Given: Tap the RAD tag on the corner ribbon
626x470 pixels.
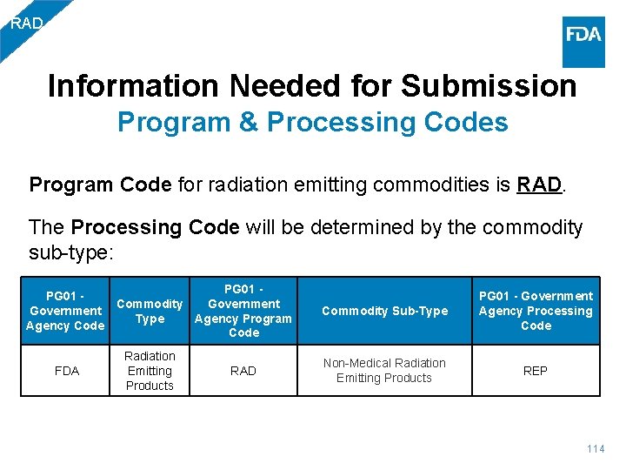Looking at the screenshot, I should click(x=26, y=23).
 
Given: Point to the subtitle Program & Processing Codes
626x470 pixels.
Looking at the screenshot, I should click(x=313, y=122).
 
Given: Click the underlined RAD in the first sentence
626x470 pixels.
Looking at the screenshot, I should click(x=539, y=185).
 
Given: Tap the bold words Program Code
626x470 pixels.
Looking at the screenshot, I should click(x=101, y=185).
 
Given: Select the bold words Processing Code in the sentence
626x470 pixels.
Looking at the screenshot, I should click(x=155, y=228).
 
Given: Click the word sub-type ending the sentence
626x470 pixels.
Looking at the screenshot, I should click(x=68, y=252).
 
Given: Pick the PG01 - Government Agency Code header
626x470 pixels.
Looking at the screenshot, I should click(x=66, y=311).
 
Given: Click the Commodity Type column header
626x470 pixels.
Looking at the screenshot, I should click(x=150, y=311).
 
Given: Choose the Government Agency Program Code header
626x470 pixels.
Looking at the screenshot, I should click(x=243, y=311).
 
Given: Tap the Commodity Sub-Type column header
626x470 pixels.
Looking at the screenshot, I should click(x=384, y=311).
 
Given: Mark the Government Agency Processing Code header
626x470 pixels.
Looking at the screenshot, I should click(x=536, y=311).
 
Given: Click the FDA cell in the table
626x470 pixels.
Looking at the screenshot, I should click(x=66, y=371).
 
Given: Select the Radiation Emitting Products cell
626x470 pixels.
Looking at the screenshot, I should click(x=150, y=371).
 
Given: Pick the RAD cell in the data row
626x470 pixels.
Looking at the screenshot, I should click(x=243, y=371).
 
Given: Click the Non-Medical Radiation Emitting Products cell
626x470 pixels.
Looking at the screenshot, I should click(x=384, y=371).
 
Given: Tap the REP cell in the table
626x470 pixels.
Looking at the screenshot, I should click(x=536, y=371).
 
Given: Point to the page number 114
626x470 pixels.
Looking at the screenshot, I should click(x=595, y=449).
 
